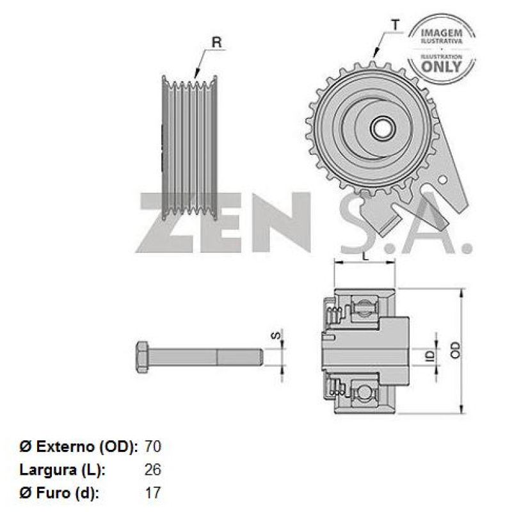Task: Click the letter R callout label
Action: (x=216, y=43)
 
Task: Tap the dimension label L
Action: (x=364, y=256)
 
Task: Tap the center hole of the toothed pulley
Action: (x=383, y=128)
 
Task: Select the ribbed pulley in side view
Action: (x=191, y=147)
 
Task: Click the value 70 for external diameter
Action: (x=153, y=447)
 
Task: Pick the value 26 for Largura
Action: (x=153, y=470)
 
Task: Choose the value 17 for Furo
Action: (x=153, y=493)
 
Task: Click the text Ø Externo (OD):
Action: (x=77, y=447)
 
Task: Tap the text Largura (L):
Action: (x=62, y=470)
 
